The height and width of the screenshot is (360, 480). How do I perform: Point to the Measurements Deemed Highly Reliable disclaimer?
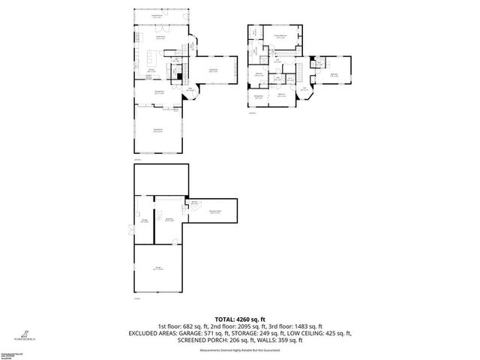point(240,350)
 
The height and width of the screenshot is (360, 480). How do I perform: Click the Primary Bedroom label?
point(281,35)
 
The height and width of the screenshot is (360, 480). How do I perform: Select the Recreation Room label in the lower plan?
point(214,212)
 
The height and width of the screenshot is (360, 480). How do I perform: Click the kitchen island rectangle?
point(154,57)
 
